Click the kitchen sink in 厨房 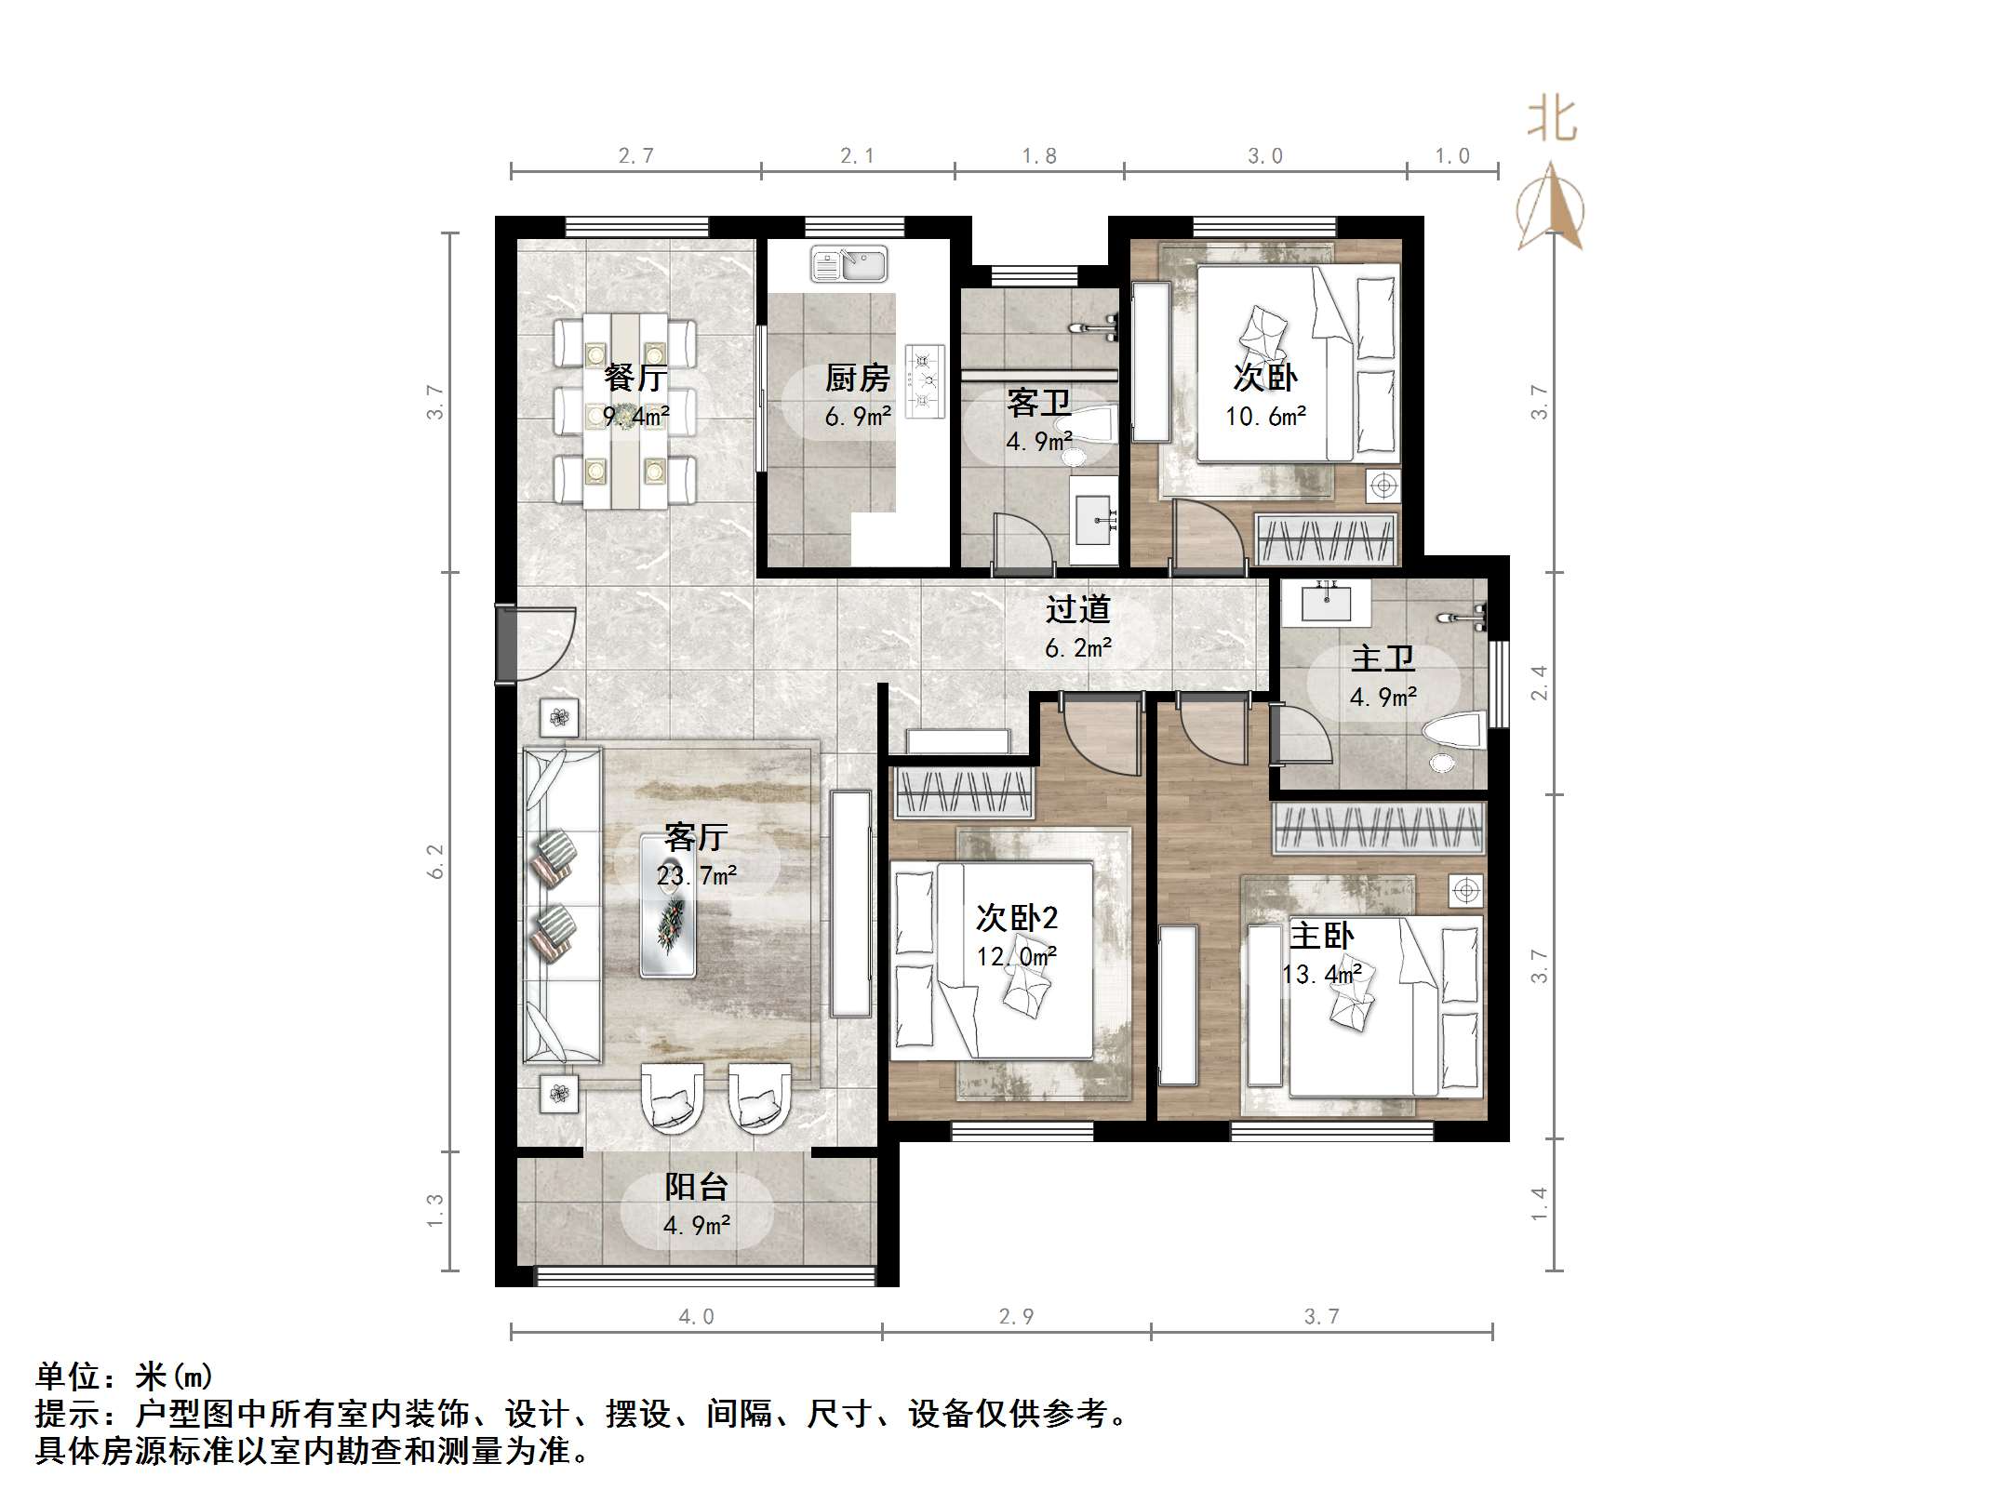click(848, 263)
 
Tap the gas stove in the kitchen click(925, 381)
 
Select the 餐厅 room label click(635, 379)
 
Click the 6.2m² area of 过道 click(1078, 648)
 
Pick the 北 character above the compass click(1552, 121)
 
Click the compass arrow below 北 click(1550, 206)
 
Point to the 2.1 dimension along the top click(857, 155)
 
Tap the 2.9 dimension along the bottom click(1016, 1316)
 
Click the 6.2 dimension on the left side click(435, 861)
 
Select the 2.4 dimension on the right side click(1539, 683)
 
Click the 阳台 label click(696, 1187)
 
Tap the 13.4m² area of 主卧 click(1322, 974)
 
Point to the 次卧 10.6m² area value click(1265, 417)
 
